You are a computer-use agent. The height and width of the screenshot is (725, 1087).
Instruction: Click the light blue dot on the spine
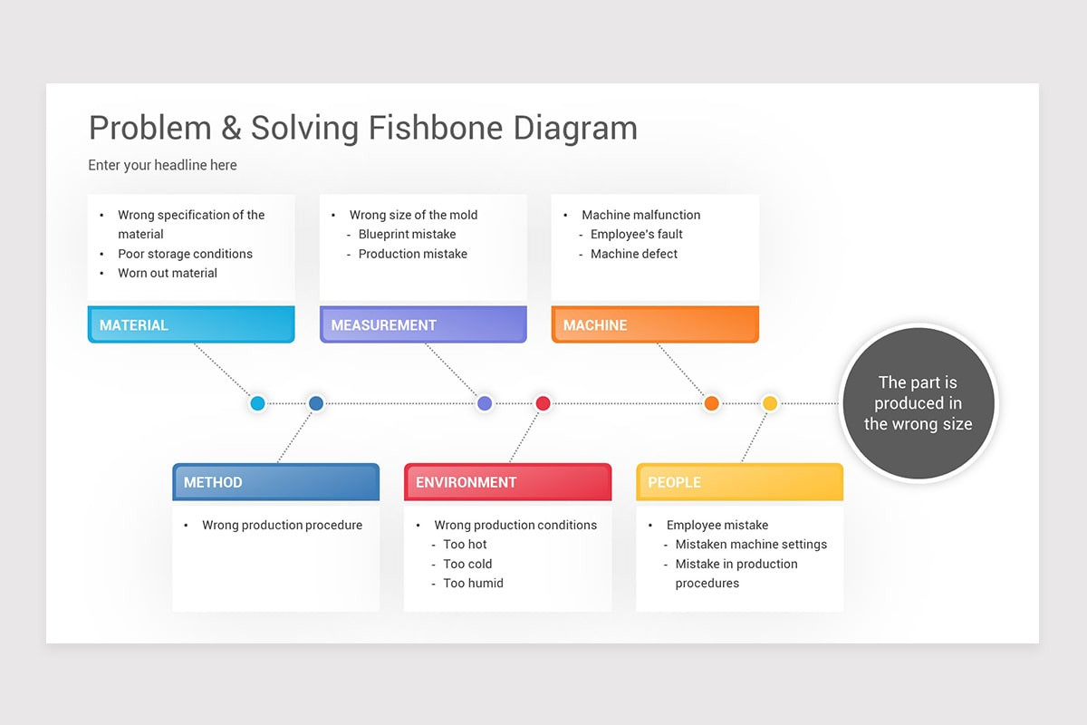257,403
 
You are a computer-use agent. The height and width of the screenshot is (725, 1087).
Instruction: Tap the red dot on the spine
543,403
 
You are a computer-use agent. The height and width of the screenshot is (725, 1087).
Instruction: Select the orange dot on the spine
712,403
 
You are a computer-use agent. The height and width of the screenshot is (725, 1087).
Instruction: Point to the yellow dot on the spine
770,403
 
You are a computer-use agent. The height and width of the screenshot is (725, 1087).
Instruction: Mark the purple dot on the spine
485,403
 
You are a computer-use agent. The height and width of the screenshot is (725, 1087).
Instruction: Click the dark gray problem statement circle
918,403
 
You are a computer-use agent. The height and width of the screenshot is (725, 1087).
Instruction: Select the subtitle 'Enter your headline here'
162,165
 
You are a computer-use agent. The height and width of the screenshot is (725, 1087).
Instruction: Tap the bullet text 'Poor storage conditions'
185,254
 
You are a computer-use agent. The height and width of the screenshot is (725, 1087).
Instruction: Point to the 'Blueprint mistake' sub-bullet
407,234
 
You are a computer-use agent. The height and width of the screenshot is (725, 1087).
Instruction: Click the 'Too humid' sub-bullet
473,583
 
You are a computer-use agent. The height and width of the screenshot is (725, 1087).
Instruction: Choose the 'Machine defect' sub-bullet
634,254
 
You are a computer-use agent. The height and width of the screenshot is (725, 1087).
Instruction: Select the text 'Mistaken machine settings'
751,545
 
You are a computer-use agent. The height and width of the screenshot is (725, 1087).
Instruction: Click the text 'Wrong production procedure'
282,525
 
